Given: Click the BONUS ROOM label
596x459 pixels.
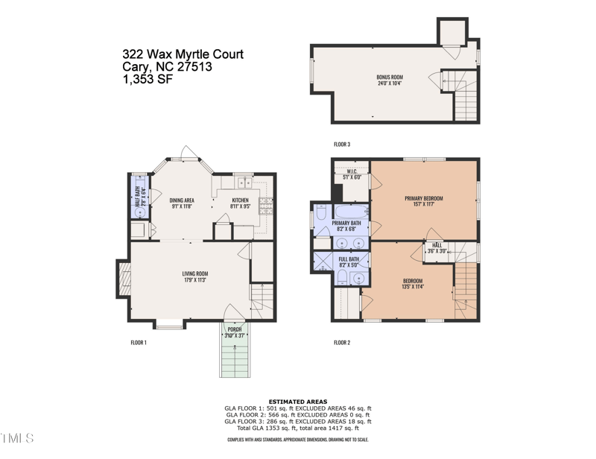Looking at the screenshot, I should [390, 77].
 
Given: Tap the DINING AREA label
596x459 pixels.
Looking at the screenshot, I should [182, 200].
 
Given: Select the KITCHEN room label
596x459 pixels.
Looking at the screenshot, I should [240, 200].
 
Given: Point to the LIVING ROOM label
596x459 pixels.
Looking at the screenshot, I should [195, 273].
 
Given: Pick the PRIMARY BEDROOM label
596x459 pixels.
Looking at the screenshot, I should [424, 198].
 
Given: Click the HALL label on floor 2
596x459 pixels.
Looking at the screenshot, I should [436, 247].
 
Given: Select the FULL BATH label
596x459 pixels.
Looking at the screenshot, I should [349, 259].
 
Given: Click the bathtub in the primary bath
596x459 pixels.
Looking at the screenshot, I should [349, 211].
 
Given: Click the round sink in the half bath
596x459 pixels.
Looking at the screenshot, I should [139, 212].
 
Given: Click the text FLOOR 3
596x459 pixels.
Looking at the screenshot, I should [342, 144].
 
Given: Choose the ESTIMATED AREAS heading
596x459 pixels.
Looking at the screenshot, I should [297, 401].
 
